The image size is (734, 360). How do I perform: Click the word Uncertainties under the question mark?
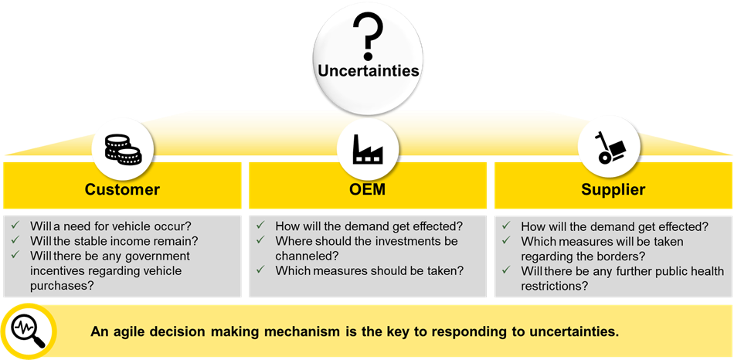369,71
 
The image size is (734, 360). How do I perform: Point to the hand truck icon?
608,148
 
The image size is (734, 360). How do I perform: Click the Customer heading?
122,189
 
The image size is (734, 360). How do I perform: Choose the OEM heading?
368,189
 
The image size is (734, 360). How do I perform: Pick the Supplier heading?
613,189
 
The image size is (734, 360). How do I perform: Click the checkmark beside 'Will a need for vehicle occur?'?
15,225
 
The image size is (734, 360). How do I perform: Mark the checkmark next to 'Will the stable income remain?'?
15,240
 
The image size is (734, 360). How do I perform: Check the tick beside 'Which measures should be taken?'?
260,270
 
